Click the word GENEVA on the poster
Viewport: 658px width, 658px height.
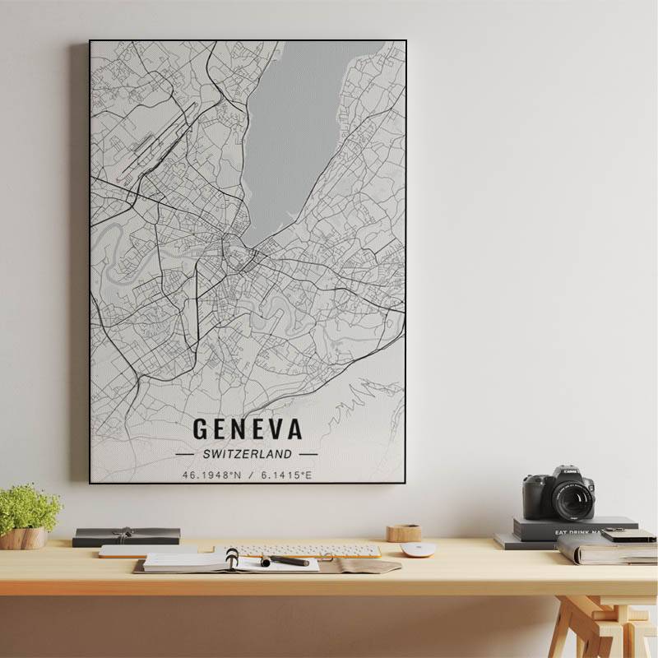(247, 429)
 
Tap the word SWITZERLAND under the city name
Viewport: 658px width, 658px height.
(247, 453)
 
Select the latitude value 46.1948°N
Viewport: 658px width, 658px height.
(212, 475)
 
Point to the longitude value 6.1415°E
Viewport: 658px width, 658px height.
(286, 475)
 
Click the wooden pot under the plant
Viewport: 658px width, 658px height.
(23, 538)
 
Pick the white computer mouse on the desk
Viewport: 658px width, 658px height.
(417, 549)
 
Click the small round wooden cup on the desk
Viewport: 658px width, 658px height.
(404, 533)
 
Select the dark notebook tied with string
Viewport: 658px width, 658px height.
(126, 536)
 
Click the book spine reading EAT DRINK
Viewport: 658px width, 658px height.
(576, 531)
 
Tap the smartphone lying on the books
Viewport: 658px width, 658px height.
(628, 535)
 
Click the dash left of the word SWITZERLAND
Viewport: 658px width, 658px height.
(185, 453)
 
